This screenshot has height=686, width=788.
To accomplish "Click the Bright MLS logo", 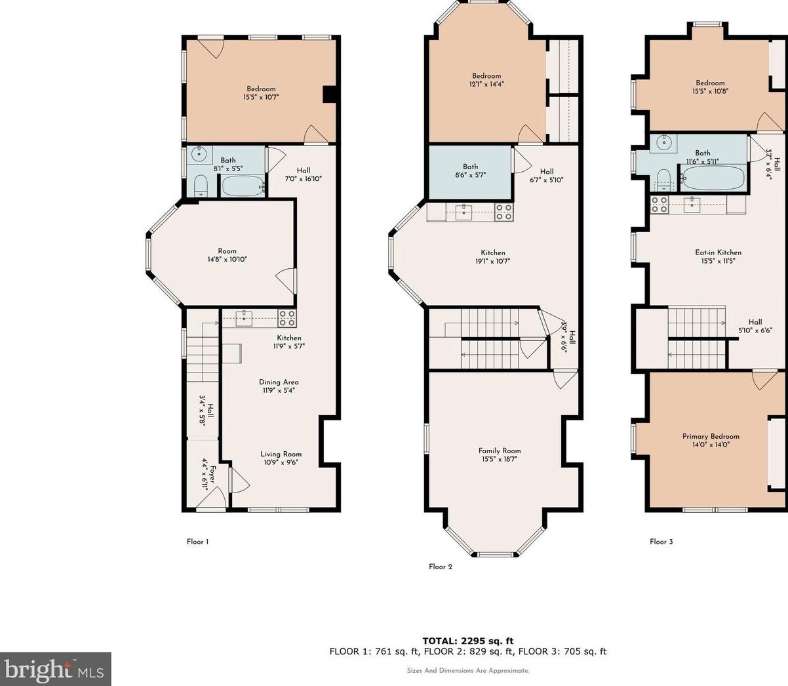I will (55, 670).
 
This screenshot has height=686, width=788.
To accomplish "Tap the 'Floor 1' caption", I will (197, 542).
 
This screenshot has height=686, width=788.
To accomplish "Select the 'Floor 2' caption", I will (441, 567).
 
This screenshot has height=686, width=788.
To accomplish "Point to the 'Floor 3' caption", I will (661, 542).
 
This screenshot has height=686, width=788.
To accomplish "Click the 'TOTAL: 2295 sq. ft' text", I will (467, 641).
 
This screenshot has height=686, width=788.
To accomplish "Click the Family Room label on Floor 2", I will (500, 451).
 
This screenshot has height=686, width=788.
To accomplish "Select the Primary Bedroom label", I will (711, 436).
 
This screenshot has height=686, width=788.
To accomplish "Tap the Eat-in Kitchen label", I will (718, 252).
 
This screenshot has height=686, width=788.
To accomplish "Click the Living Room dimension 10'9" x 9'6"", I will (281, 461).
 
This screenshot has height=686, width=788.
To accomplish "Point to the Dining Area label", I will (279, 382).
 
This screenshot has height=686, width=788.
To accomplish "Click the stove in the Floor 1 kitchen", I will (286, 318).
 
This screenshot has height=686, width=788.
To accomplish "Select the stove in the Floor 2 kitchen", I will (503, 212).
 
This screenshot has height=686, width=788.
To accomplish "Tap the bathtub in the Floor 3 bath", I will (713, 177).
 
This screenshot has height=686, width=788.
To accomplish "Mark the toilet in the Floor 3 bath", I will (663, 178).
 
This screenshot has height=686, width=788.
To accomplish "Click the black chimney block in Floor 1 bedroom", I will (330, 95).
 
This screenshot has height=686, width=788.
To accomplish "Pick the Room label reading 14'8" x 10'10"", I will (227, 255).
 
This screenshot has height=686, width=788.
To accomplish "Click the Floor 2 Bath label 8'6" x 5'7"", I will (470, 171).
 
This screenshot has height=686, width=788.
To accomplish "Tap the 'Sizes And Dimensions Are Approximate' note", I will (467, 671).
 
